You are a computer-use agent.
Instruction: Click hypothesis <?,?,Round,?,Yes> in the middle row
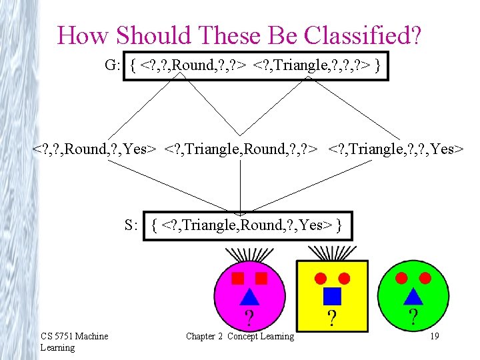(x=95, y=149)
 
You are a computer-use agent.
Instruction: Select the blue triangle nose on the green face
(x=413, y=295)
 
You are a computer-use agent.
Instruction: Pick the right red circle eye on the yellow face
(x=344, y=277)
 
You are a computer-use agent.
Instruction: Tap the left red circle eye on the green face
(x=401, y=277)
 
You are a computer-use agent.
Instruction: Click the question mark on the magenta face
(x=248, y=317)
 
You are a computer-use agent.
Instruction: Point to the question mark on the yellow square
(x=331, y=317)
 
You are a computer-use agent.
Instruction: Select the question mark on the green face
(x=413, y=316)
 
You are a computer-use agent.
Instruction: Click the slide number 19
(x=434, y=337)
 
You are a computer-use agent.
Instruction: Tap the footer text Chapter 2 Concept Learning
(x=240, y=337)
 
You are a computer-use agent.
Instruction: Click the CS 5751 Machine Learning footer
(x=74, y=341)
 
